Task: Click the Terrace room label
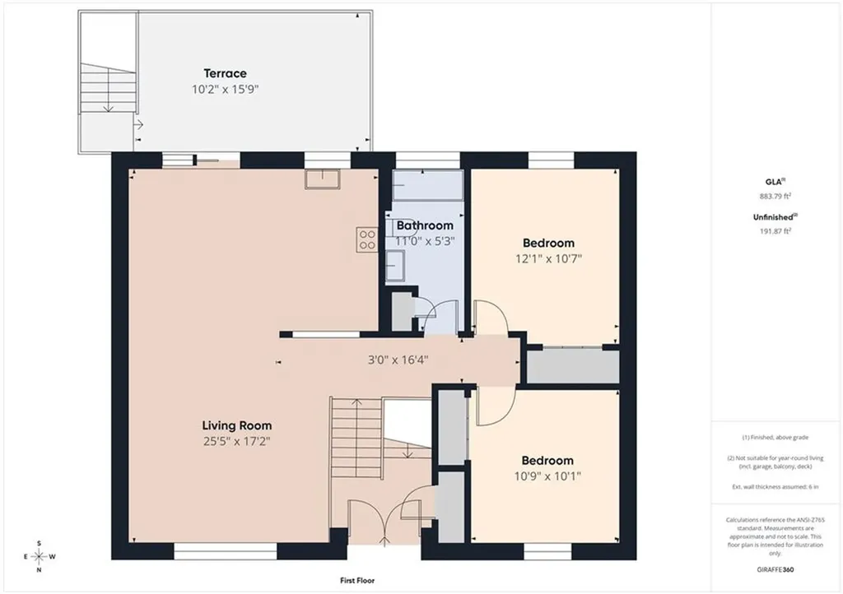[x=225, y=73]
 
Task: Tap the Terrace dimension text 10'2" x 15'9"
[x=226, y=89]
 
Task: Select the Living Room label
[x=236, y=425]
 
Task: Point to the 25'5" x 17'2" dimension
[x=236, y=442]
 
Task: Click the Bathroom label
[x=425, y=225]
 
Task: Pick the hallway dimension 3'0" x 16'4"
[x=398, y=360]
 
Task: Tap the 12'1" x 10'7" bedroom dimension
[x=548, y=259]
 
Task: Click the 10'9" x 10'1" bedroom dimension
[x=547, y=476]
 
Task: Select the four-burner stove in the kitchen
[x=367, y=239]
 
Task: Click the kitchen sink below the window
[x=323, y=179]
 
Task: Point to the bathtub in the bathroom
[x=427, y=186]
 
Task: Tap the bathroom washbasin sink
[x=395, y=265]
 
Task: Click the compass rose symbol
[x=40, y=556]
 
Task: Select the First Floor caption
[x=357, y=581]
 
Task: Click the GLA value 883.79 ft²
[x=775, y=196]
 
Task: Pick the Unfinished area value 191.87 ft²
[x=775, y=231]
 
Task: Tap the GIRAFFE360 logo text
[x=775, y=570]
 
